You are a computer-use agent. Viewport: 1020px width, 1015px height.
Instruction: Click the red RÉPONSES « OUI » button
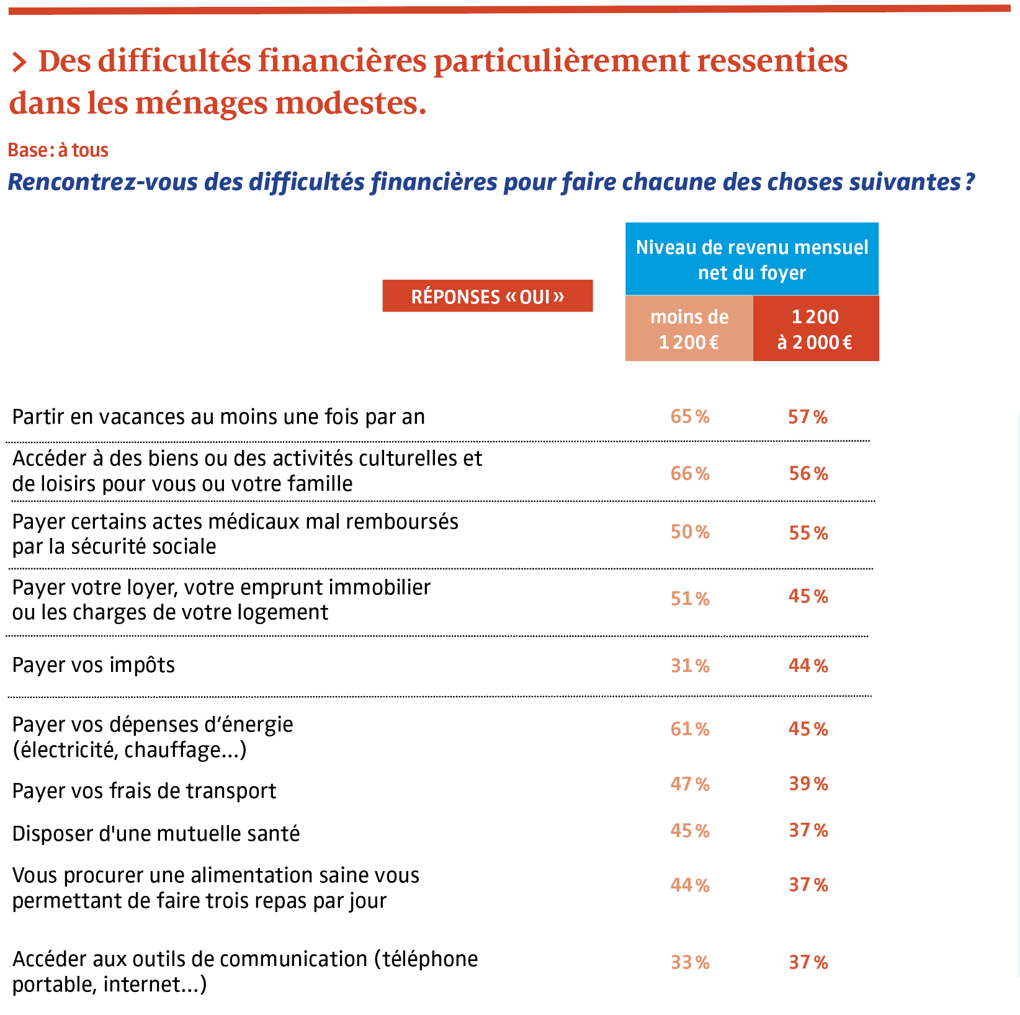pyautogui.click(x=487, y=296)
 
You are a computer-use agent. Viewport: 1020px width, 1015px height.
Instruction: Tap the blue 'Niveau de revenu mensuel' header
pyautogui.click(x=752, y=259)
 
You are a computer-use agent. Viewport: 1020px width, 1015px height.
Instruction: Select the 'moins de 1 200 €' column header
pyautogui.click(x=689, y=328)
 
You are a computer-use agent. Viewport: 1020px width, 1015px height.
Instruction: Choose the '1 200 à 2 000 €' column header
pyautogui.click(x=816, y=328)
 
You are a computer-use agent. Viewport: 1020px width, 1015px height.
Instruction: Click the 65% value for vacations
pyautogui.click(x=690, y=416)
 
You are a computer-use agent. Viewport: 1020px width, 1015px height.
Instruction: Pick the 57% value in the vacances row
pyautogui.click(x=808, y=417)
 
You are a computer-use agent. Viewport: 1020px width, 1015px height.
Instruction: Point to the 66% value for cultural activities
pyautogui.click(x=690, y=473)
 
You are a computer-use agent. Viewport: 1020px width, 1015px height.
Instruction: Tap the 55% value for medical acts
pyautogui.click(x=808, y=533)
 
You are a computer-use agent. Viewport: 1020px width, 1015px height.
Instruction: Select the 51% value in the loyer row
pyautogui.click(x=690, y=599)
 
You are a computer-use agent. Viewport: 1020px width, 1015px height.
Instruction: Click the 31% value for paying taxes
pyautogui.click(x=690, y=666)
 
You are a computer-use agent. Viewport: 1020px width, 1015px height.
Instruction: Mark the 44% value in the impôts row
pyautogui.click(x=808, y=666)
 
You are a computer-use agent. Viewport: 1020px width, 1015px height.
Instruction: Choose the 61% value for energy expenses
pyautogui.click(x=690, y=729)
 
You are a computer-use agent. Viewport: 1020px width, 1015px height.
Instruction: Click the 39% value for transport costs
pyautogui.click(x=808, y=784)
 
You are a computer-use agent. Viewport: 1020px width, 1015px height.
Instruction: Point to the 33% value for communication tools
pyautogui.click(x=690, y=962)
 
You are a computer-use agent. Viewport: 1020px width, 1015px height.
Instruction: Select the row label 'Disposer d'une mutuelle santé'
pyautogui.click(x=156, y=833)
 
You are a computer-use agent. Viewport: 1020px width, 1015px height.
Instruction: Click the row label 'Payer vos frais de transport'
pyautogui.click(x=144, y=791)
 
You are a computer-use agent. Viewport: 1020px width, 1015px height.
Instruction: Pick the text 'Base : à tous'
pyautogui.click(x=58, y=150)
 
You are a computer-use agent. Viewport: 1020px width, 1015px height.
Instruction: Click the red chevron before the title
pyautogui.click(x=19, y=62)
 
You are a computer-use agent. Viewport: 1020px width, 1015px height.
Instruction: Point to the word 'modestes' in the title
pyautogui.click(x=350, y=103)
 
